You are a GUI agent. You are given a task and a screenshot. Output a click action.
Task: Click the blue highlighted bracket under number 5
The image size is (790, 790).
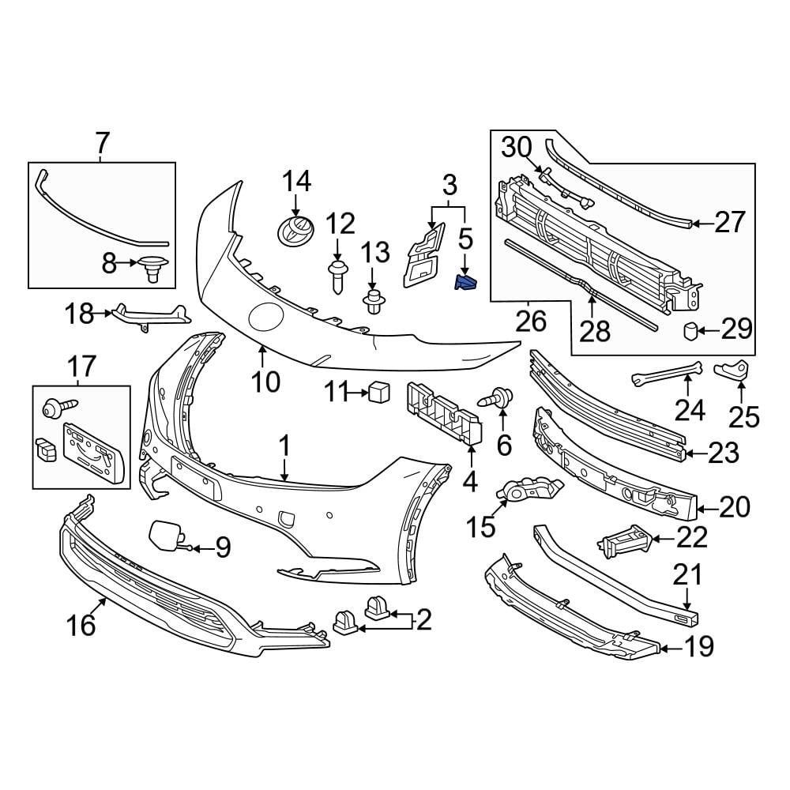point(465,282)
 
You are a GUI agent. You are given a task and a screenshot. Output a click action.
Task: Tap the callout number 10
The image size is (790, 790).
point(265,382)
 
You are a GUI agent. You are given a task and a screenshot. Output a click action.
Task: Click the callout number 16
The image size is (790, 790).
point(81,625)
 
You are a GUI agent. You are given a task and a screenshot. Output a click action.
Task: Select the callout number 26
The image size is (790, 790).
point(531,321)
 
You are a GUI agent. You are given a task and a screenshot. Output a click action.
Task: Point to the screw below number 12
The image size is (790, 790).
point(337,276)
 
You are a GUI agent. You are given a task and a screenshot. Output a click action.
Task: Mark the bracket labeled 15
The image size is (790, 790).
point(527,491)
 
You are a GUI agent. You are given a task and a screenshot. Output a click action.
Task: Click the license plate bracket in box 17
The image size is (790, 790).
point(93,451)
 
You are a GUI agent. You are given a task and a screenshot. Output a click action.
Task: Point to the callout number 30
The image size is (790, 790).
point(517,147)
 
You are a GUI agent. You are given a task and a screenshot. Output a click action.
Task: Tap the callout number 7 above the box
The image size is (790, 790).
point(102,144)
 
